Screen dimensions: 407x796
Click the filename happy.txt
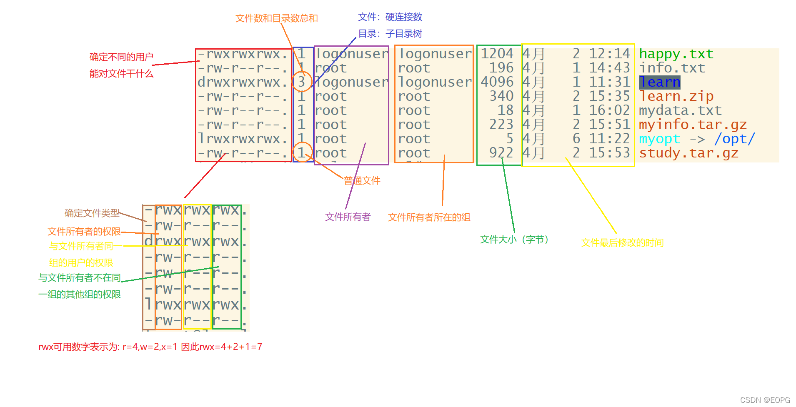pyautogui.click(x=676, y=54)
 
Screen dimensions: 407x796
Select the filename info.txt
pyautogui.click(x=672, y=68)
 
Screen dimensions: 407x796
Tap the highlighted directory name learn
pyautogui.click(x=659, y=82)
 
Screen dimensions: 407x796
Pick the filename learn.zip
pyautogui.click(x=676, y=96)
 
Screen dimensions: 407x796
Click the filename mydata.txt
pyautogui.click(x=680, y=110)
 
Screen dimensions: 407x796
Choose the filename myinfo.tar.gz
pyautogui.click(x=693, y=125)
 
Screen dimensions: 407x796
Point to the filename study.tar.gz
pyautogui.click(x=688, y=153)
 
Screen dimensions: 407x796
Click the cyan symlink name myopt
pyautogui.click(x=659, y=139)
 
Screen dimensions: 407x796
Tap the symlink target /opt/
pyautogui.click(x=734, y=139)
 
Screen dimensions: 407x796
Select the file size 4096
pyautogui.click(x=497, y=82)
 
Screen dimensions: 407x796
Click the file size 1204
pyautogui.click(x=497, y=54)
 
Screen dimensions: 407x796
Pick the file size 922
pyautogui.click(x=501, y=153)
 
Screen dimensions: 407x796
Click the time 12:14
pyautogui.click(x=609, y=54)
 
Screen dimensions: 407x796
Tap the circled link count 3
pyautogui.click(x=301, y=82)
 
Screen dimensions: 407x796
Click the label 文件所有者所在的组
pyautogui.click(x=429, y=217)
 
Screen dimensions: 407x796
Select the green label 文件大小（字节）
pyautogui.click(x=514, y=240)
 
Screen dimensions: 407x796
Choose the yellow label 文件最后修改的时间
pyautogui.click(x=622, y=243)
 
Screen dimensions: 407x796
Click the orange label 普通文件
pyautogui.click(x=362, y=181)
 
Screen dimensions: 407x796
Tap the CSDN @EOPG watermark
pyautogui.click(x=765, y=400)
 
